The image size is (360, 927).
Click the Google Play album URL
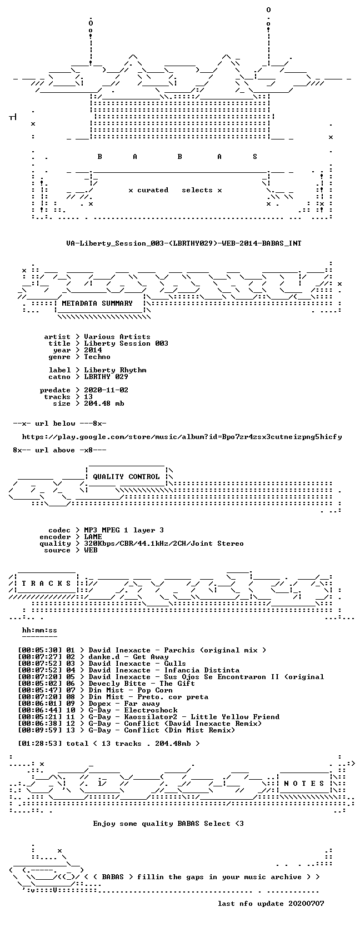point(182,437)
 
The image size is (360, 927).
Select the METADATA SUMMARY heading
point(97,303)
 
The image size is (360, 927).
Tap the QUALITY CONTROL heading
point(126,477)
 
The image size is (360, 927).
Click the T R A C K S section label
point(46,584)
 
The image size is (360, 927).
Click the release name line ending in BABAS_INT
point(184,243)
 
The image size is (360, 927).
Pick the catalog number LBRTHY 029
point(106,377)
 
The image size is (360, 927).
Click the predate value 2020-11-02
point(106,390)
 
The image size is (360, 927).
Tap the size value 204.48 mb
point(104,403)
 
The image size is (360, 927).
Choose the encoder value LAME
point(93,537)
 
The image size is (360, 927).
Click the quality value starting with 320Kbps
point(164,544)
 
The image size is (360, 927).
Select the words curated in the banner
point(153,191)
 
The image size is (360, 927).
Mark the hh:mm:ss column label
point(40,630)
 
